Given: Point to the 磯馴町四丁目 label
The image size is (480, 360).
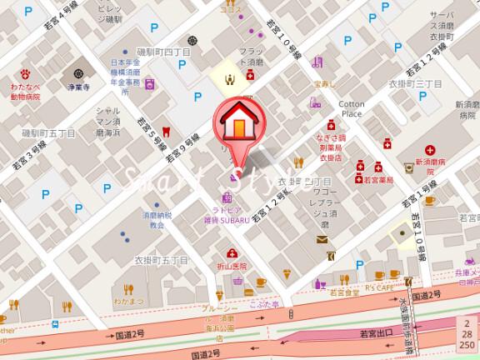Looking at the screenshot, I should tap(162, 52).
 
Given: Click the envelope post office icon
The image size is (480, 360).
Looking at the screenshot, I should tap(322, 240).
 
